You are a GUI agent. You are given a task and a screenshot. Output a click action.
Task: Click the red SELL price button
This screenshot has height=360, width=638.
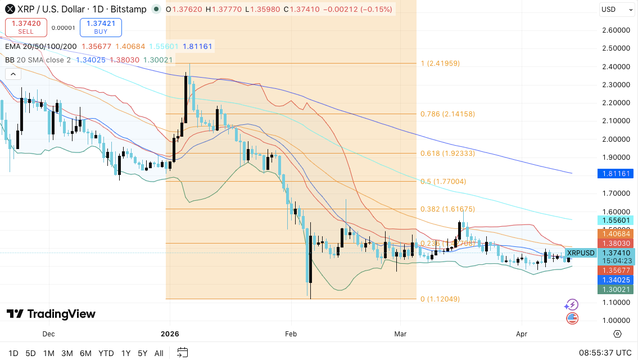pos(26,27)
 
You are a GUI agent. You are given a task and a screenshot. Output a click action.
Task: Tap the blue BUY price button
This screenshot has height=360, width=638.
pos(101,27)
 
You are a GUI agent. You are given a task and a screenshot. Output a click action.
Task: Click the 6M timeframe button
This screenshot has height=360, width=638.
pos(85,353)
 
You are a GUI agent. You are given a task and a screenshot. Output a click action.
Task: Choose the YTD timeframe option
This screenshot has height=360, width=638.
pos(106,353)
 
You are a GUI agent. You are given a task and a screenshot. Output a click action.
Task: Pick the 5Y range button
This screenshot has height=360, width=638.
pos(142,353)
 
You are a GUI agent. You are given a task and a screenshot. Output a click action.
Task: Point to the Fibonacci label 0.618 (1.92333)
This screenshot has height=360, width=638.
pos(447,153)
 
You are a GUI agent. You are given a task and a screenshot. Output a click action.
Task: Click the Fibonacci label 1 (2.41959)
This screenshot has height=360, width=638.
pos(440,64)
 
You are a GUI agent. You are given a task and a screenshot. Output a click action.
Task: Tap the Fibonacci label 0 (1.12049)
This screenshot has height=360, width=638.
pos(440,299)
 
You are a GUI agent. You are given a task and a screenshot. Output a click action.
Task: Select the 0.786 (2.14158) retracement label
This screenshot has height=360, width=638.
pos(447,114)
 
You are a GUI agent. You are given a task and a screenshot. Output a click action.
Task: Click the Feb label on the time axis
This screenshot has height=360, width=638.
pos(291,334)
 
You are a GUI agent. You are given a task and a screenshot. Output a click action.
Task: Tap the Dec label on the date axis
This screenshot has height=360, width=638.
pos(49,334)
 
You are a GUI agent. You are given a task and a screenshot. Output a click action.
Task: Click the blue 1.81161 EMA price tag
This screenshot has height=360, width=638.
pos(615,173)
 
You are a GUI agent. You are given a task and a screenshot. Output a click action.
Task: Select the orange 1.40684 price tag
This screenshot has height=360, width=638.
pos(615,233)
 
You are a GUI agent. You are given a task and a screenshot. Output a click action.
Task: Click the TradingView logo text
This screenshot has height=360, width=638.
pos(51,314)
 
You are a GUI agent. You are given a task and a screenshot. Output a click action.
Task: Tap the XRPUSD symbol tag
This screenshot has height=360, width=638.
pos(581,253)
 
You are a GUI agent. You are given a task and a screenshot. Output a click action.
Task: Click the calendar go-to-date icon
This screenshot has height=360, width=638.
pos(182,353)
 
